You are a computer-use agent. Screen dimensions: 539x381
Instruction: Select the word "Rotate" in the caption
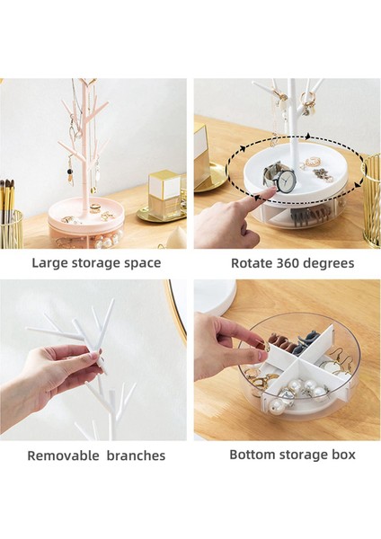point(253,263)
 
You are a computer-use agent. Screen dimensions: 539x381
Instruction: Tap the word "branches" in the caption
point(134,455)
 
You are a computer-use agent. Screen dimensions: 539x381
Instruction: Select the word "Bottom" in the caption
point(254,454)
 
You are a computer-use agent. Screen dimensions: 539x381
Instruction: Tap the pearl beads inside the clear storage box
point(297,392)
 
